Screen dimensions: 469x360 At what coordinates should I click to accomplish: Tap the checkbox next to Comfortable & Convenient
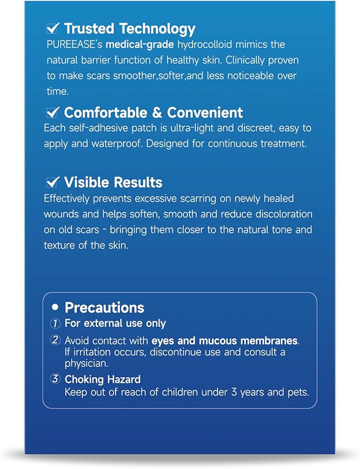52,112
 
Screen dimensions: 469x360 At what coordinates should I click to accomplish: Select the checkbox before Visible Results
52,182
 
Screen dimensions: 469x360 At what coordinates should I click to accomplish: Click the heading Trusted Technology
129,28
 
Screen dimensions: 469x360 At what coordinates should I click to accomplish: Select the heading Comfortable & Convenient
153,112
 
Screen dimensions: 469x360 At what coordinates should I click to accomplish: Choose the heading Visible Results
113,183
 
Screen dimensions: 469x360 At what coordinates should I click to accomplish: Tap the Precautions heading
104,308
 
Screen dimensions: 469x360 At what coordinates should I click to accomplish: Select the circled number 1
56,323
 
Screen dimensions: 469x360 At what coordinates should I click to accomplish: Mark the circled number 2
56,340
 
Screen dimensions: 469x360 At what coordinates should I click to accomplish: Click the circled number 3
56,379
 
